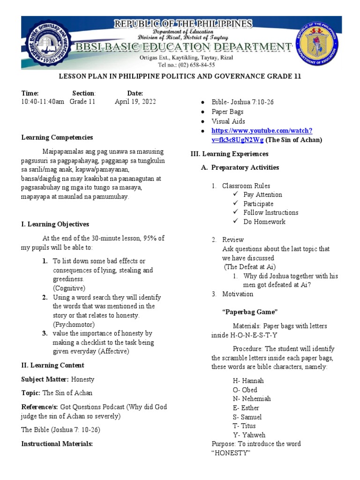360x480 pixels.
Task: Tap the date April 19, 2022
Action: pos(135,102)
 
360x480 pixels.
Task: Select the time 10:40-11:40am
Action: pos(43,102)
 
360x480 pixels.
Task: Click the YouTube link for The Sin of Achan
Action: pos(262,135)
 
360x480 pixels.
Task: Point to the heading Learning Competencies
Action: pos(57,137)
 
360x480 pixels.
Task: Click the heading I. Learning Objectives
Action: pos(55,225)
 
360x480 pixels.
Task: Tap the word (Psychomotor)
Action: pos(74,324)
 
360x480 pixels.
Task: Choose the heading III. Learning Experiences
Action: pos(229,154)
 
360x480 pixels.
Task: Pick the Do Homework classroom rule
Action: pos(264,222)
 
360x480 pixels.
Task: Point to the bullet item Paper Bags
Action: pos(227,112)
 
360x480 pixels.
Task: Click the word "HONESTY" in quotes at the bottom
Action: pos(231,453)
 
